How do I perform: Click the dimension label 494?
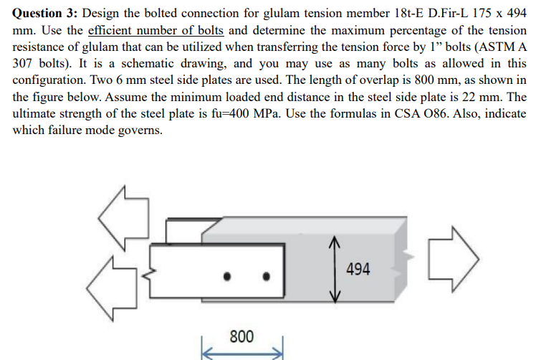pos(358,270)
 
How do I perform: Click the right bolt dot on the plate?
pos(267,276)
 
